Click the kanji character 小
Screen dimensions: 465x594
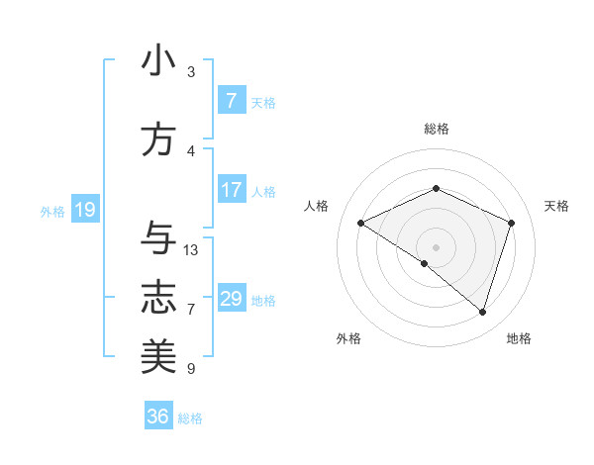158,61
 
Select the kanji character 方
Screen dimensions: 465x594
158,139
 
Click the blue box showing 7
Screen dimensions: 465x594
231,101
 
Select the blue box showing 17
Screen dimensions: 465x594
231,190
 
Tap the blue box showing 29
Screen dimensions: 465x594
231,299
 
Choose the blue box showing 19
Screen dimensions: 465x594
84,210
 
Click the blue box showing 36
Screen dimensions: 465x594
157,417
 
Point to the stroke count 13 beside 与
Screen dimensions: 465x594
191,250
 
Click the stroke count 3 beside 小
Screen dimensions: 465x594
191,72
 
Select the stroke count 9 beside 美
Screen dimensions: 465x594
191,369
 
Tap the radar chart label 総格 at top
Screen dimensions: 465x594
436,129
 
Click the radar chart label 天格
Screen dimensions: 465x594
556,206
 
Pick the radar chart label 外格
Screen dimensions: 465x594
348,338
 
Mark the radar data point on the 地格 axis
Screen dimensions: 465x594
482,312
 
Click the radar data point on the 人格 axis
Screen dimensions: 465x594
361,223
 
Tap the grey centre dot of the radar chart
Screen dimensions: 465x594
436,246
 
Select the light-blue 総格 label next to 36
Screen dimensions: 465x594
190,418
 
